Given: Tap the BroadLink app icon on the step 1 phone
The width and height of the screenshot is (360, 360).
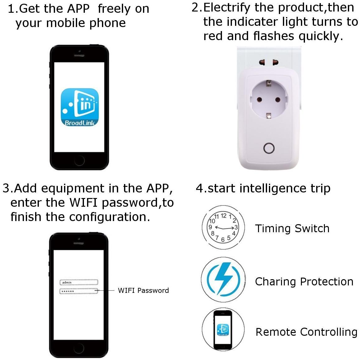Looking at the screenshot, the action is point(80,107).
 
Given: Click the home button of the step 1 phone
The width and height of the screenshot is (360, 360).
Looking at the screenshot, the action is point(79,160).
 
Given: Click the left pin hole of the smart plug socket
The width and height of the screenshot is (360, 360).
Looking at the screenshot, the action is point(260,100).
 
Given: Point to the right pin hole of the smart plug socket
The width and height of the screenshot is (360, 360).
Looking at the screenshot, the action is point(278,100).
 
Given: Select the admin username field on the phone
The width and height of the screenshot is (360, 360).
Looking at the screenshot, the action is point(79,282).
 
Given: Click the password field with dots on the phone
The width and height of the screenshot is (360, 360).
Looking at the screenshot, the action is point(79,291).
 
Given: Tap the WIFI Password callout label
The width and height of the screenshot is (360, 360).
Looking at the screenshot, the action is point(143,290).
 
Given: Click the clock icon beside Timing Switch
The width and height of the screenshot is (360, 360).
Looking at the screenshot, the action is point(223,227).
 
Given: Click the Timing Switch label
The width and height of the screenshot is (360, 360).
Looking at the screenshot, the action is point(292,229).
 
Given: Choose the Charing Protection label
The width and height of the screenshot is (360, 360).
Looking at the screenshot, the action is point(304,282).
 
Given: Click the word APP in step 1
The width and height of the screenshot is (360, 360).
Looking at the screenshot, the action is point(78,9).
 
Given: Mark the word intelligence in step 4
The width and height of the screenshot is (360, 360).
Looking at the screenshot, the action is point(273,189).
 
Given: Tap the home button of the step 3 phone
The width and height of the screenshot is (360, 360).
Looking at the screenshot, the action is point(79,348).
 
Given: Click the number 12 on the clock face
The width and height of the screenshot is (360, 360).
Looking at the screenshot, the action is point(224,215).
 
